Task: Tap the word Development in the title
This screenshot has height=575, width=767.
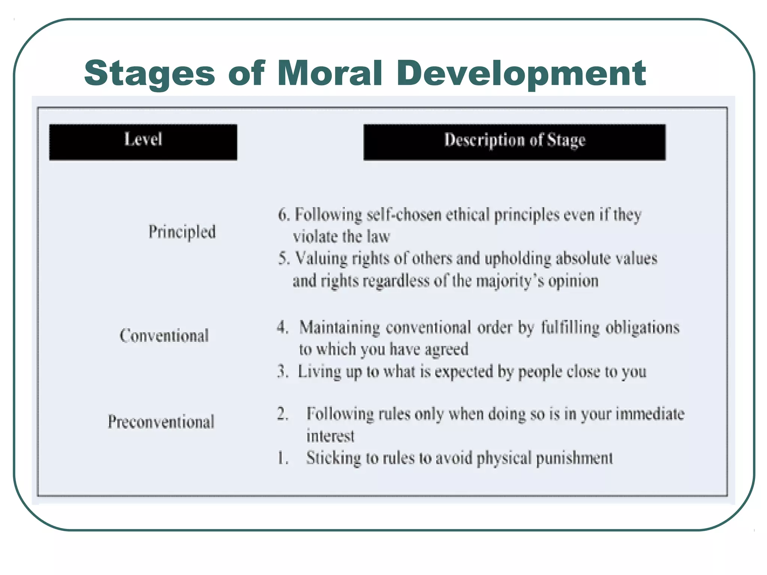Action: (x=521, y=74)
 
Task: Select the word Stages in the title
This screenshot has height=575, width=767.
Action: (x=149, y=74)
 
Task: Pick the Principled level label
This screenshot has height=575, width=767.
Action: (x=182, y=232)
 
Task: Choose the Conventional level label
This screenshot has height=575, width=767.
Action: (x=164, y=336)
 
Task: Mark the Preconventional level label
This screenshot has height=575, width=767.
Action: (x=161, y=422)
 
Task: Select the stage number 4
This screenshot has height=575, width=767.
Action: (x=282, y=328)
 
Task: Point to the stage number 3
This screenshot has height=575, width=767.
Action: (x=282, y=371)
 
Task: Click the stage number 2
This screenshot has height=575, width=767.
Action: (x=282, y=414)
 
